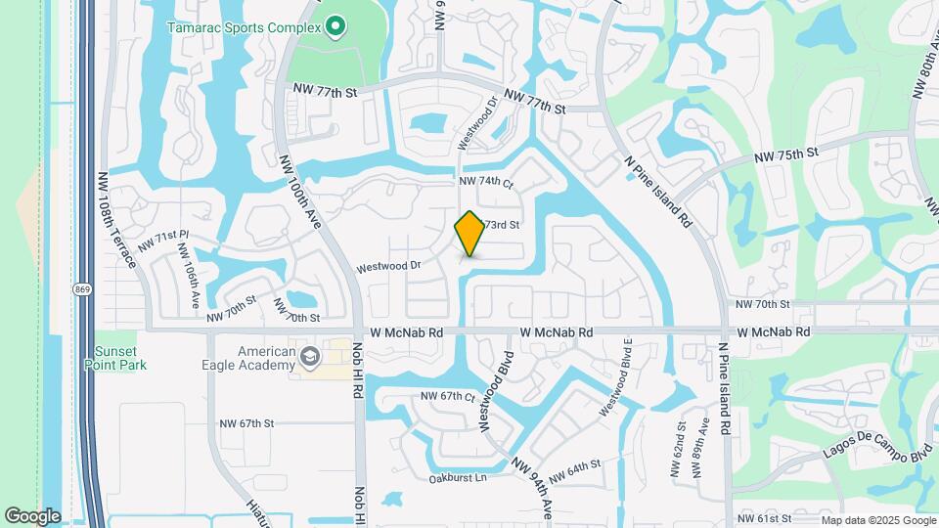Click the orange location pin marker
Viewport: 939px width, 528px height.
[469, 234]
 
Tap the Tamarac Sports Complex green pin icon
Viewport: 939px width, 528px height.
[336, 26]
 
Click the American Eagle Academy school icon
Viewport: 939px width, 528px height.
[311, 358]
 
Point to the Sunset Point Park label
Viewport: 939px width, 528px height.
[119, 358]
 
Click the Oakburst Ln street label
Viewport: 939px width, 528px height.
[457, 478]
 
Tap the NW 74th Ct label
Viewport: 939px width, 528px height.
[486, 182]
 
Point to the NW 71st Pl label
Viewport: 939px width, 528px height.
[162, 239]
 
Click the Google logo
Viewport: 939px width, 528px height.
[32, 516]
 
